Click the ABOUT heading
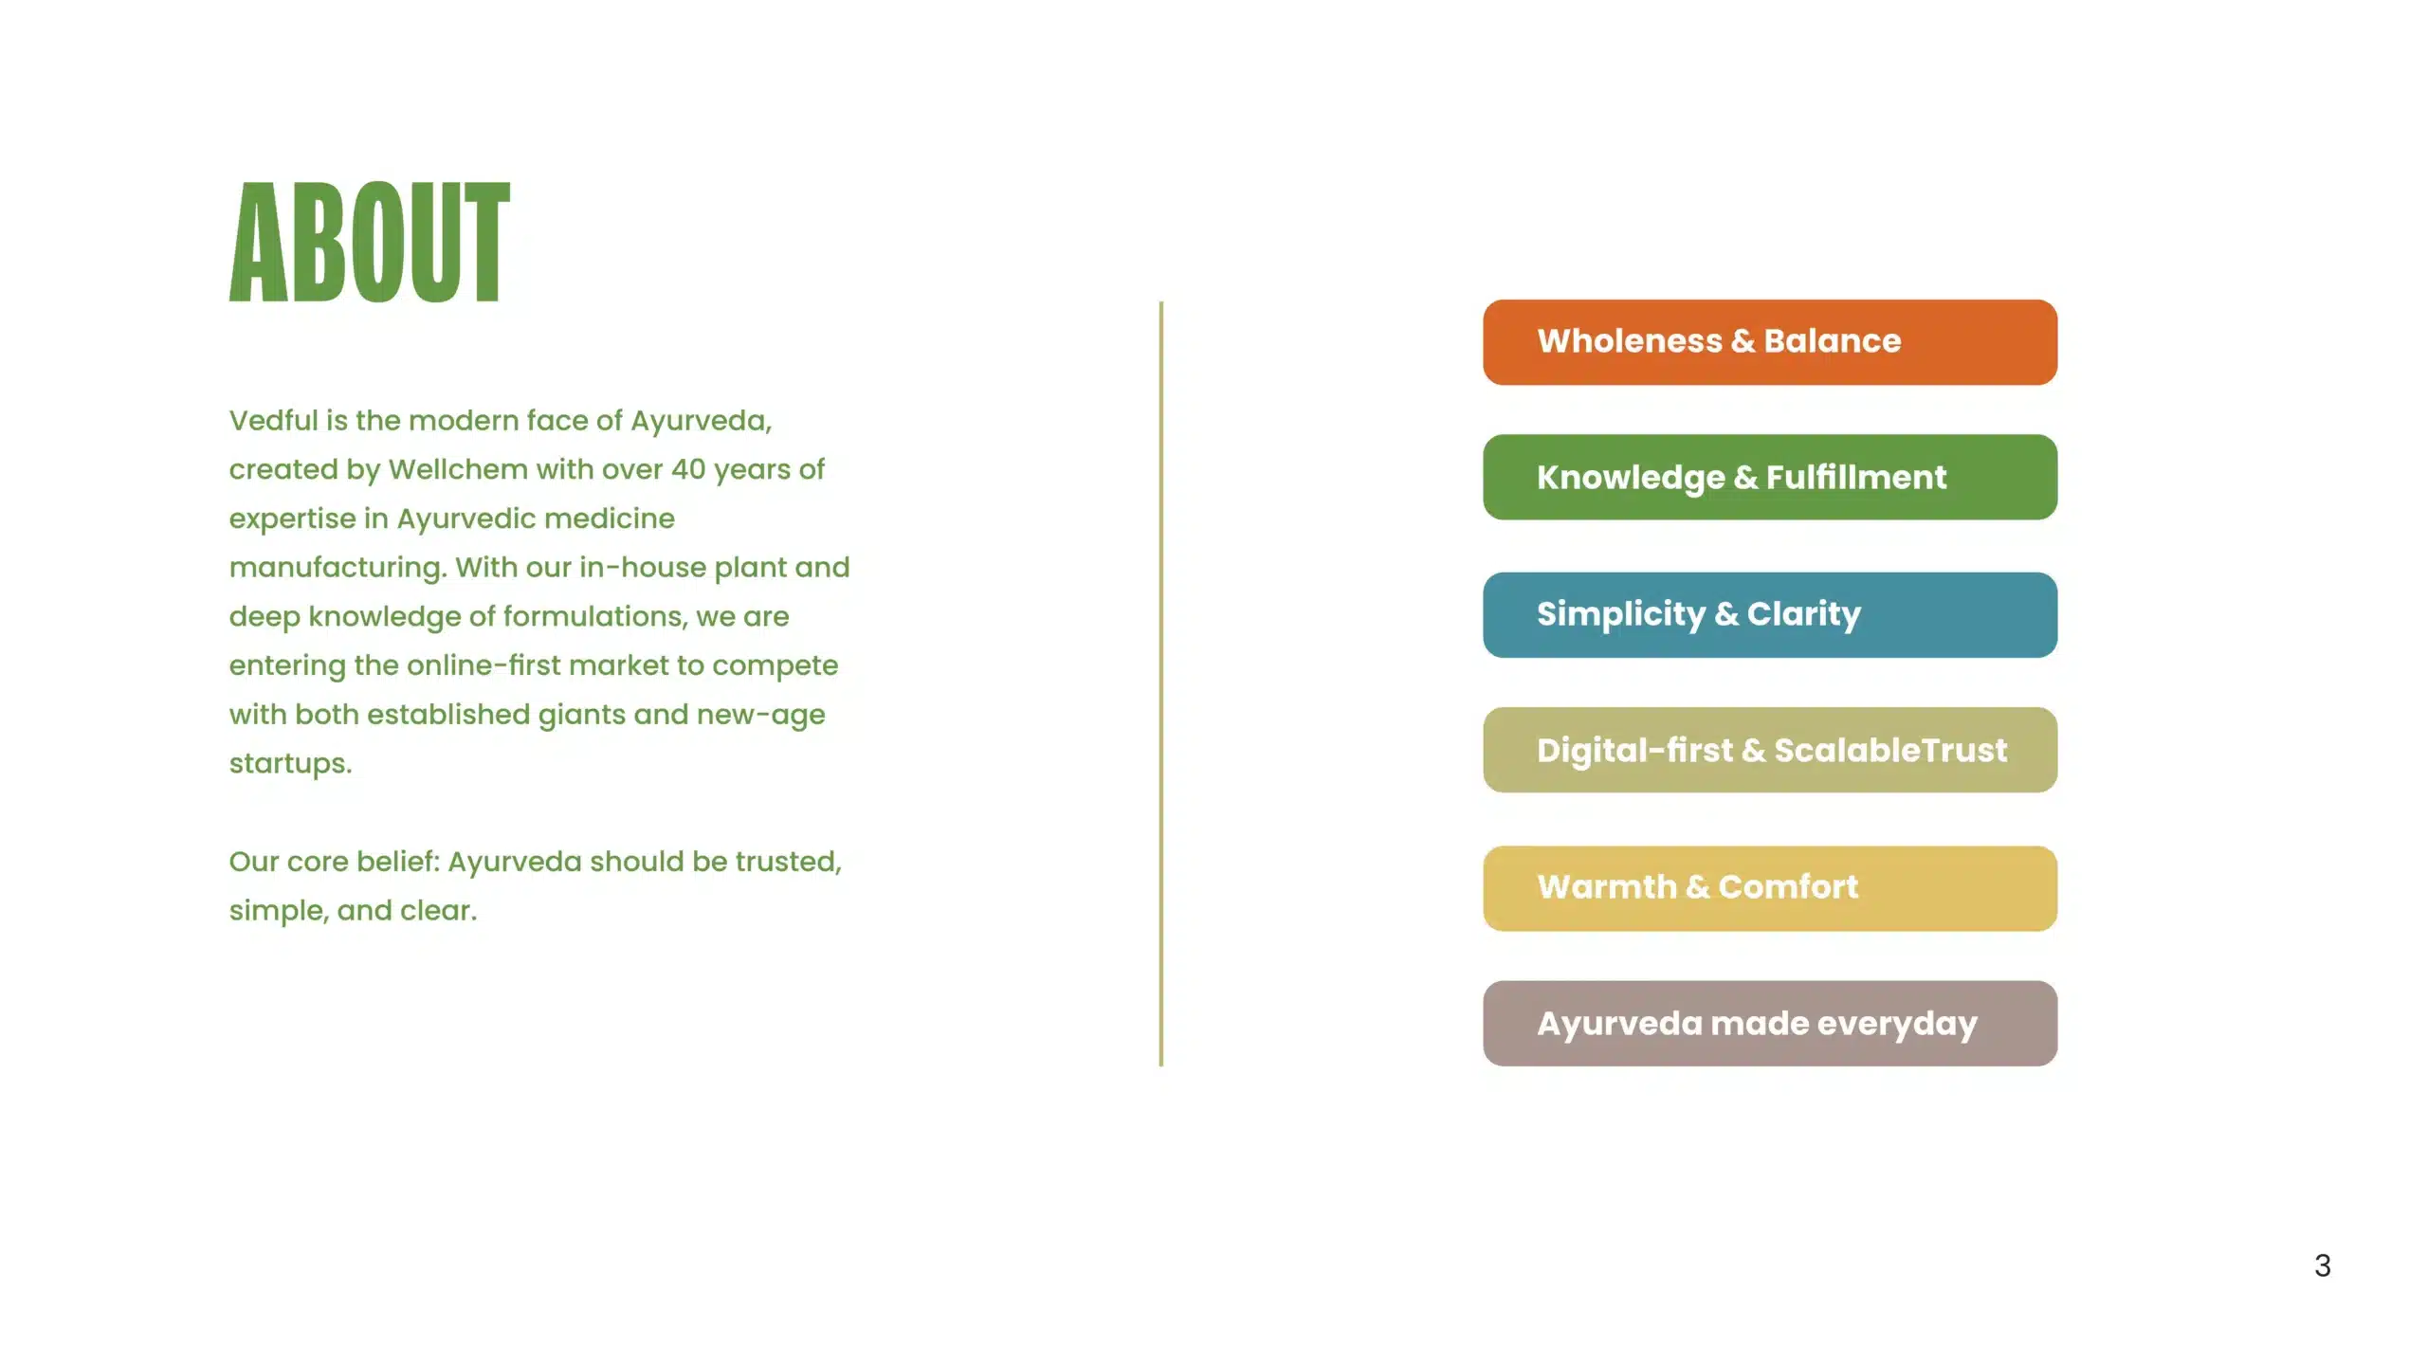pos(370,243)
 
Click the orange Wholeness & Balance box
pos(1769,342)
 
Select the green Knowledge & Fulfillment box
pos(1769,478)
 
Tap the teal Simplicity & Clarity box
pos(1769,614)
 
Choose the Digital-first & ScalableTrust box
pos(1769,750)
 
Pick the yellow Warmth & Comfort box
pos(1769,888)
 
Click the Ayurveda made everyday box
pos(1769,1024)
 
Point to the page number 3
pos(2322,1265)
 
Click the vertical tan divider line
pos(1160,682)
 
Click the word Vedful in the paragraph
pos(273,420)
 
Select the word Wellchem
pos(458,469)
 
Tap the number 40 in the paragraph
pos(688,469)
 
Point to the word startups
pos(289,764)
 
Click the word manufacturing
pos(337,568)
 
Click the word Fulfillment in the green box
pos(1855,478)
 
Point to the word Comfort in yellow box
pos(1788,887)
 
